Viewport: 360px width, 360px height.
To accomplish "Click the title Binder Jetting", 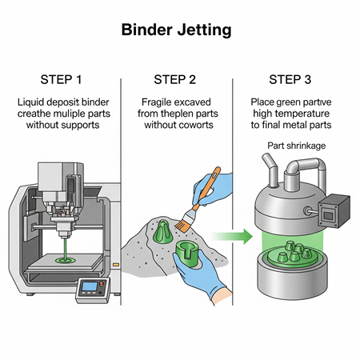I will click(177, 30).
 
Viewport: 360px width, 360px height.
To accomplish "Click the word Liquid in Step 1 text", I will click(33, 102).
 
